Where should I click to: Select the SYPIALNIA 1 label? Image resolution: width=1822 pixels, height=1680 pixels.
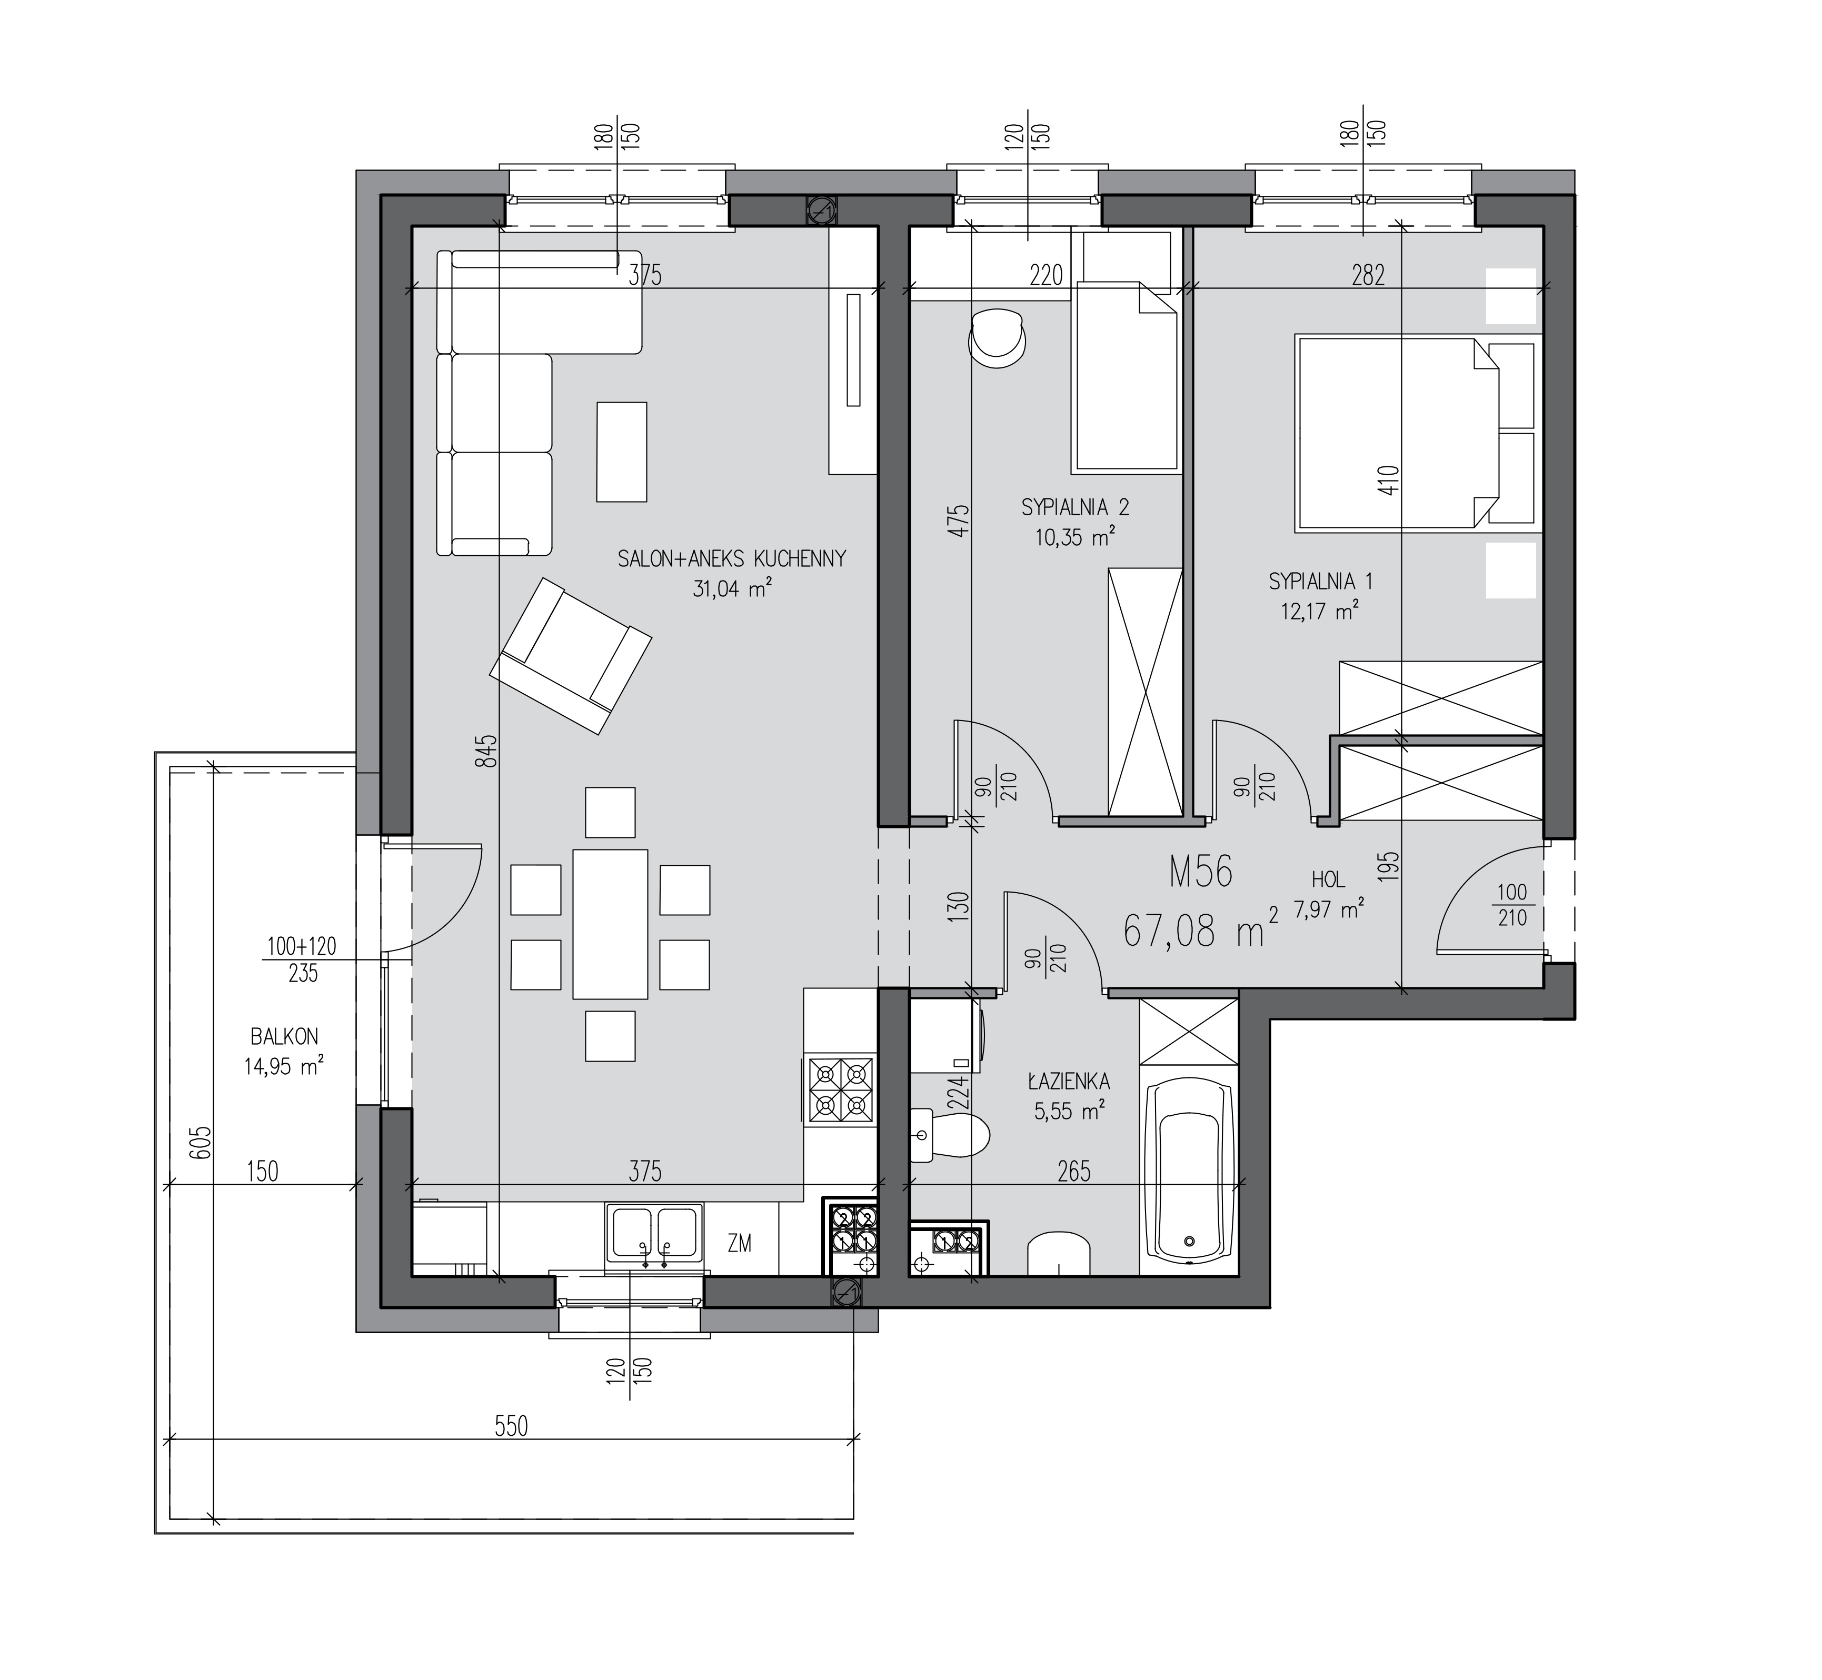1320,580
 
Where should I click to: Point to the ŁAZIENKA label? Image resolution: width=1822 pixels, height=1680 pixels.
1069,1082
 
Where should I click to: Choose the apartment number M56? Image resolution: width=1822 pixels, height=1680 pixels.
1201,873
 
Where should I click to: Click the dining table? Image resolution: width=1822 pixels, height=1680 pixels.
610,924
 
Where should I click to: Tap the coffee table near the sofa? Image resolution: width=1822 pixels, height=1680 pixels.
622,452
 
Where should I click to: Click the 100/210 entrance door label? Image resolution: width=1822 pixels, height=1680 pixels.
1513,905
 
